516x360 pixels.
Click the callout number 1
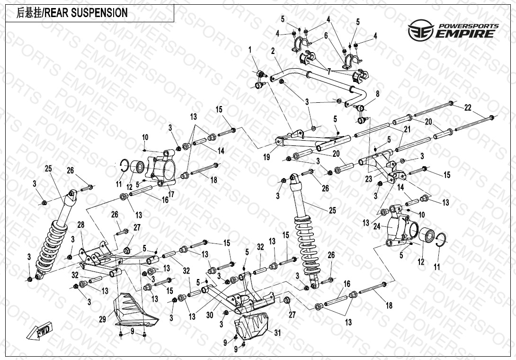pos(250,49)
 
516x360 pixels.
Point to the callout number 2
pos(273,51)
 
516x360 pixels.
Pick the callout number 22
pos(467,108)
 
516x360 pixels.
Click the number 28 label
pos(80,225)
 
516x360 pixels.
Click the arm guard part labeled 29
pos(132,310)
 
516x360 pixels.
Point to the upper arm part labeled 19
pos(312,140)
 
